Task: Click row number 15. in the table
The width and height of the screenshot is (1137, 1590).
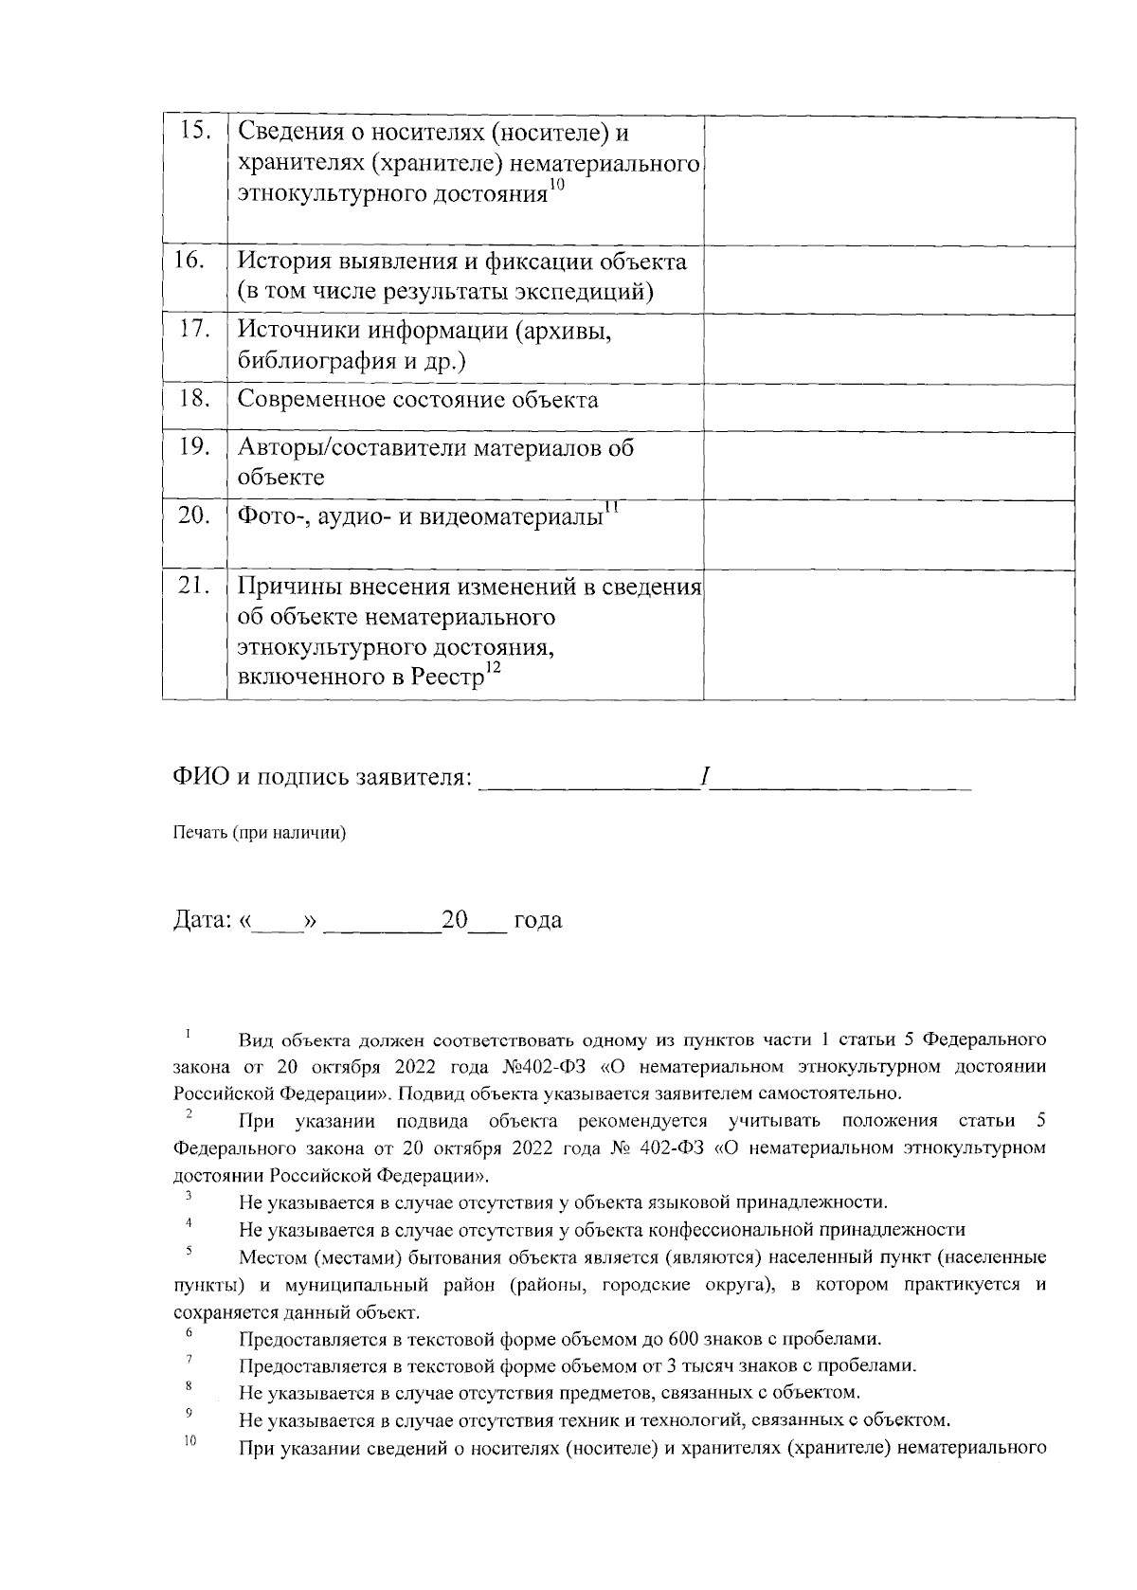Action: coord(194,133)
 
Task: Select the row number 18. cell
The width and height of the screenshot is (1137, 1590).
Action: coord(194,398)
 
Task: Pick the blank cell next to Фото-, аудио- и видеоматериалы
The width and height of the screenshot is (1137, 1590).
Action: coord(888,534)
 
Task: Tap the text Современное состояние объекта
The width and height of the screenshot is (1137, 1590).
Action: coord(417,400)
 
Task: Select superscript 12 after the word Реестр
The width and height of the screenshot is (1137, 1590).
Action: coord(492,669)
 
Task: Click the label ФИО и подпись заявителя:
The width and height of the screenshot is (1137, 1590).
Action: coord(322,779)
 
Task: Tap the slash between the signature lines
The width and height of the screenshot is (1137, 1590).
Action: coord(704,779)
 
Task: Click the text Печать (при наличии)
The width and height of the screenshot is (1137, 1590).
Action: coord(259,833)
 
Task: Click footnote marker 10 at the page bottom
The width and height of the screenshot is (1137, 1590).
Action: coord(189,1442)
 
